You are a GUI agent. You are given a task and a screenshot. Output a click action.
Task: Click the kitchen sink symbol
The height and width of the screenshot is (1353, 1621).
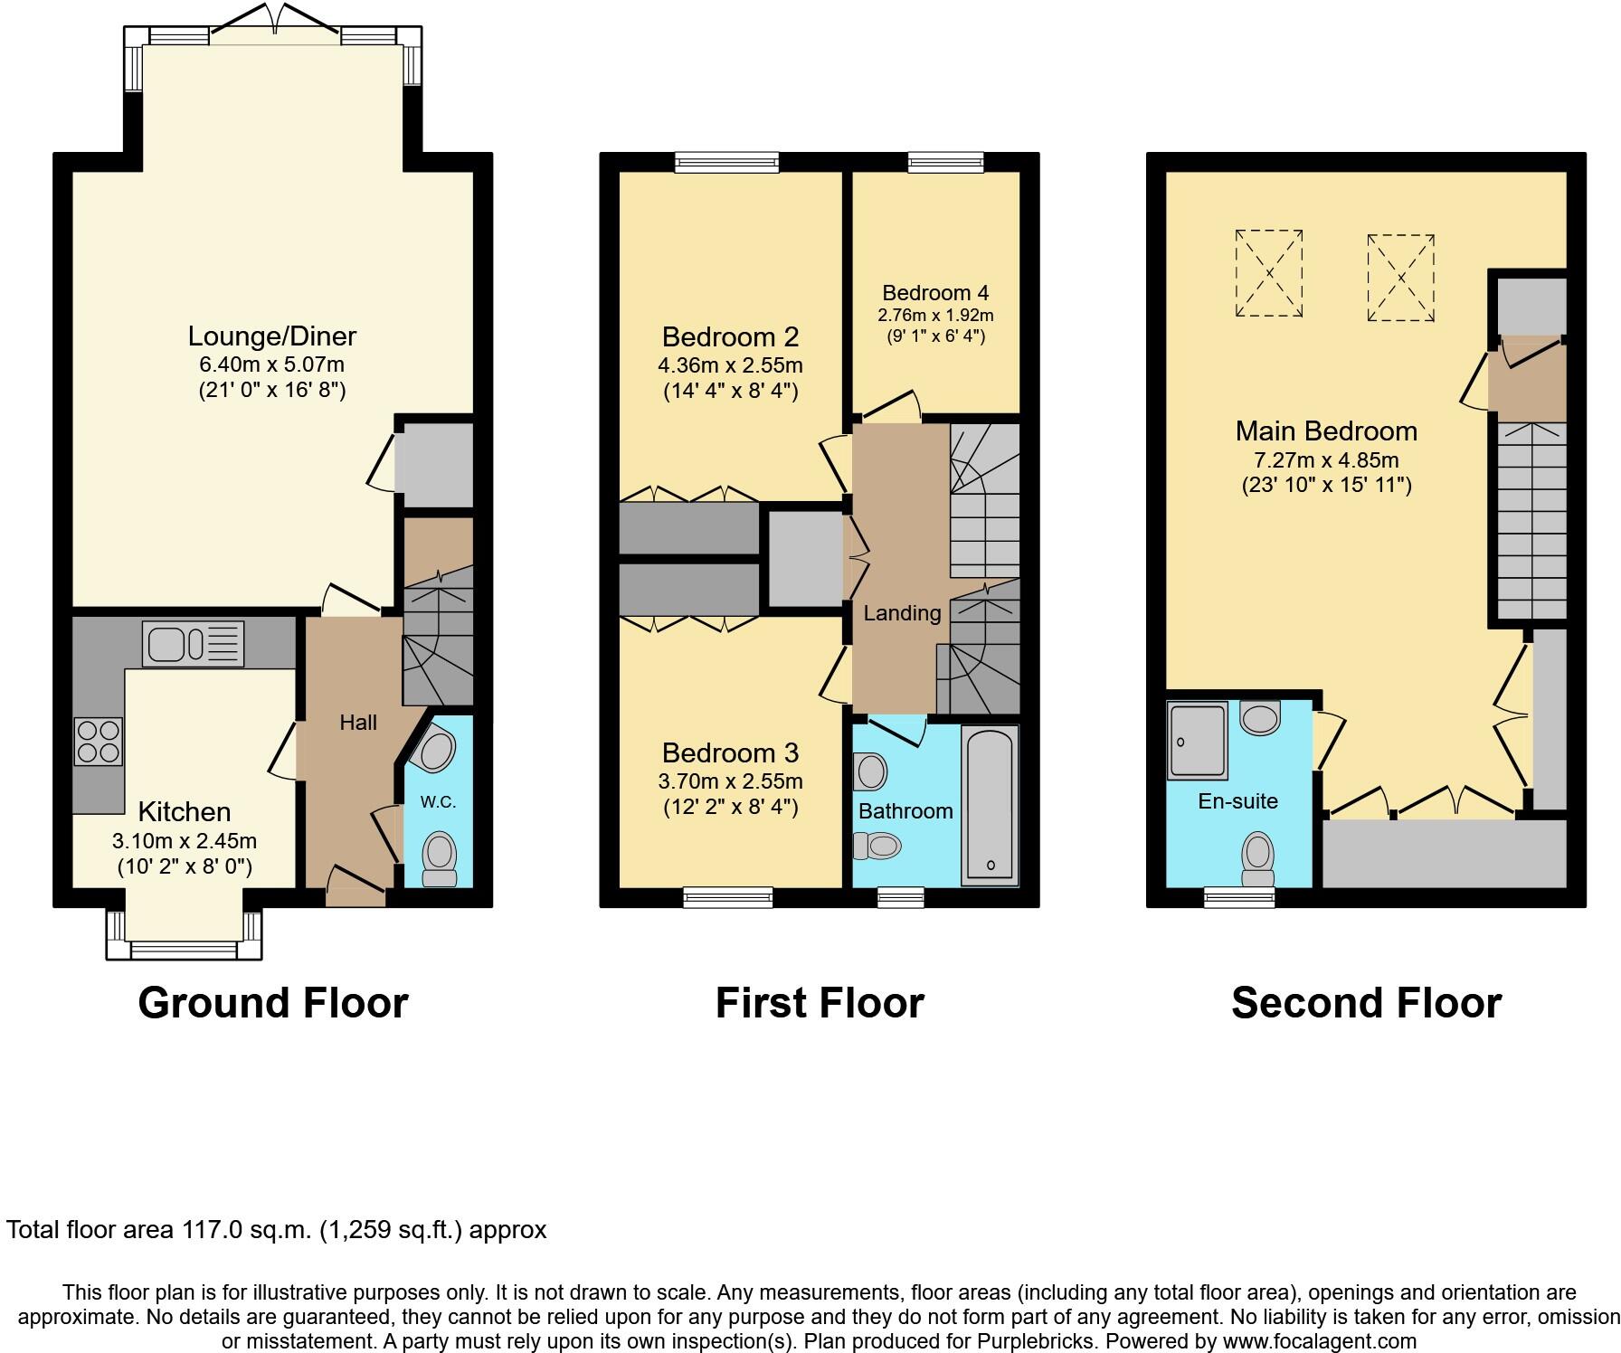[193, 644]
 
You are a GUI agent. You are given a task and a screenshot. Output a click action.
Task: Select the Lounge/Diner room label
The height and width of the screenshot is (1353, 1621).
[271, 336]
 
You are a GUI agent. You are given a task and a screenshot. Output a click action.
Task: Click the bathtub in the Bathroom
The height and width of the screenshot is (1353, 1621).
[991, 805]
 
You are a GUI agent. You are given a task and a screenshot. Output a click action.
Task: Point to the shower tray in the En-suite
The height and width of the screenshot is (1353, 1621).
[1197, 741]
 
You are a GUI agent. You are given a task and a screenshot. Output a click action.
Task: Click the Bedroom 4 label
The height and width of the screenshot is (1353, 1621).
[935, 293]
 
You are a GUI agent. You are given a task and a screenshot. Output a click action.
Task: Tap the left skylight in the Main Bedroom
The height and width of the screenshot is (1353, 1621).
[1269, 273]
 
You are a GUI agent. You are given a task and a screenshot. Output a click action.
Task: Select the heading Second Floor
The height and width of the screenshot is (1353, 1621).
[1366, 1003]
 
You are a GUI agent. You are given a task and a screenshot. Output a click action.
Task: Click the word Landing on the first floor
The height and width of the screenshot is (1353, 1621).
[902, 613]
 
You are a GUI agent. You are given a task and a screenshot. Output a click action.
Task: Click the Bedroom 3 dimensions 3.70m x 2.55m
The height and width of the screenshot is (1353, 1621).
[731, 781]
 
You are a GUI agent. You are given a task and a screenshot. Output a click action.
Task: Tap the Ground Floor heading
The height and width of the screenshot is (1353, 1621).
[273, 1003]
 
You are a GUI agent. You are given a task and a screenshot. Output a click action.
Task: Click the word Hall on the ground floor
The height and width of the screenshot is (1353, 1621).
[358, 723]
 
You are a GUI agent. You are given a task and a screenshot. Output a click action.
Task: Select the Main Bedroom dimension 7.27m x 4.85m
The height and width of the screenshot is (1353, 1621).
[1326, 459]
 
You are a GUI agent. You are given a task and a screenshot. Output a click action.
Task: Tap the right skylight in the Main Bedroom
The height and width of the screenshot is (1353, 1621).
[1400, 278]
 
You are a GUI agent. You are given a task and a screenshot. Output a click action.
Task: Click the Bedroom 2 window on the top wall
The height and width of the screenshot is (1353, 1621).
[726, 162]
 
